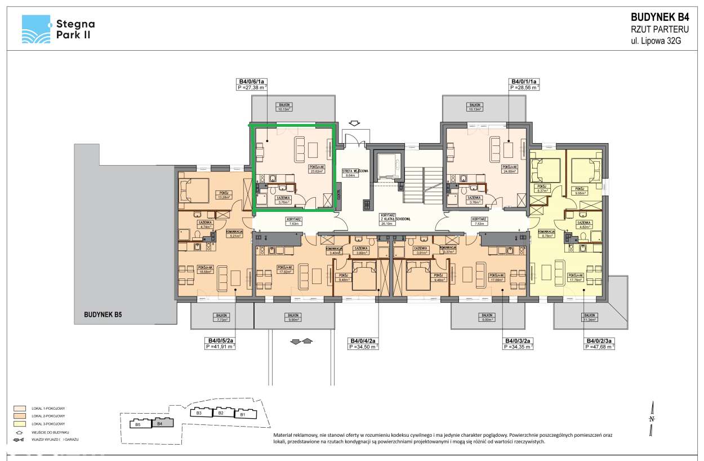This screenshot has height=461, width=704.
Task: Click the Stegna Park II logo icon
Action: coord(36,29)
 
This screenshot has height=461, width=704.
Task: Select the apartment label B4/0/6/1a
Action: coord(251,82)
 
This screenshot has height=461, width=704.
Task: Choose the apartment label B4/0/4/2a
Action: coord(363,341)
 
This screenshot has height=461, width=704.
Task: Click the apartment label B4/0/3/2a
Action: coord(517,341)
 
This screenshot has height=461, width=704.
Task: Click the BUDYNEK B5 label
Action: coord(103,314)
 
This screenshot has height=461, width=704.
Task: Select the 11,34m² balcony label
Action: coord(590,318)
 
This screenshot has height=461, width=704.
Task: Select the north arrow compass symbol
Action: coord(651,418)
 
